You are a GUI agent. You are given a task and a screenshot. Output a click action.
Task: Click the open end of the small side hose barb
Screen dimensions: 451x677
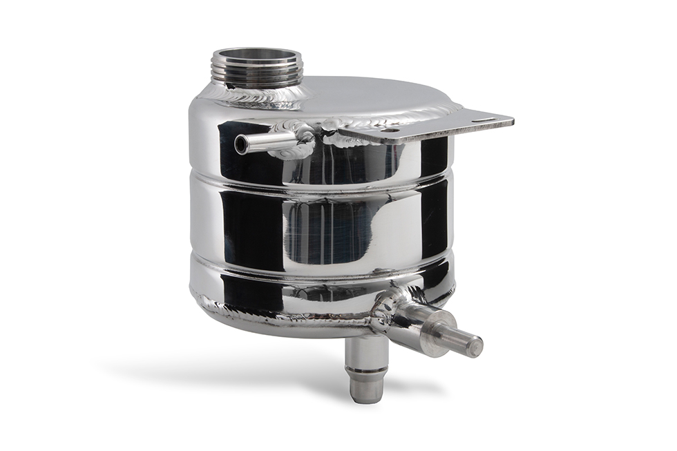pyautogui.click(x=241, y=144)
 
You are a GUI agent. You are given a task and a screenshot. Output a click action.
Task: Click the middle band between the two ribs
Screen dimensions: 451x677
pyautogui.click(x=318, y=228)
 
